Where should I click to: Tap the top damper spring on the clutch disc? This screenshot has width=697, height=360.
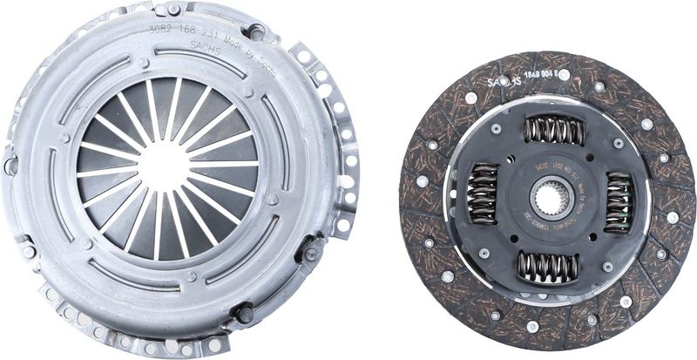click(x=553, y=132)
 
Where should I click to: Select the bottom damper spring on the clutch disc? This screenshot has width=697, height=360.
click(x=548, y=266)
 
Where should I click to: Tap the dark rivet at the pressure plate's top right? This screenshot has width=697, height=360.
click(x=255, y=33)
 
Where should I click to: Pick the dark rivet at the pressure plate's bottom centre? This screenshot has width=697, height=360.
click(x=245, y=312)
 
